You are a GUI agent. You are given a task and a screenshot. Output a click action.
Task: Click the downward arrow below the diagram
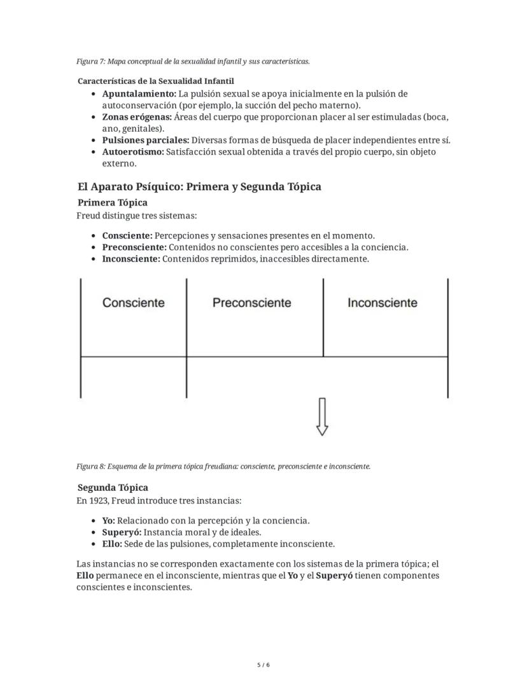click(x=322, y=417)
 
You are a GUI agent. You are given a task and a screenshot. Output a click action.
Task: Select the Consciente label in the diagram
click(x=133, y=303)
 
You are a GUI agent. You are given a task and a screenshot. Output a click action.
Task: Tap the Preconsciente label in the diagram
click(x=252, y=303)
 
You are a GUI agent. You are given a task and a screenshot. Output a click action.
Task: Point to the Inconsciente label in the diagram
click(x=382, y=303)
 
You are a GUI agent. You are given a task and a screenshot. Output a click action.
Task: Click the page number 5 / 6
click(x=263, y=665)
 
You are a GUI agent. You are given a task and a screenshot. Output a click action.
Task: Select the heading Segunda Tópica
click(x=113, y=488)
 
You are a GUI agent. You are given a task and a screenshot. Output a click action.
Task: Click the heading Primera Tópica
click(x=112, y=203)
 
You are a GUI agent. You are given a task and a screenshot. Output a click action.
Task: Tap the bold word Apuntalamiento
click(x=139, y=94)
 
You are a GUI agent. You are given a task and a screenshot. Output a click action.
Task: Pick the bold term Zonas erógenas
click(x=137, y=118)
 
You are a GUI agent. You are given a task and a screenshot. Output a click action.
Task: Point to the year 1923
click(x=99, y=500)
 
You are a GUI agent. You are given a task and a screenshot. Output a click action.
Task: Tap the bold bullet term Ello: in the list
click(x=112, y=544)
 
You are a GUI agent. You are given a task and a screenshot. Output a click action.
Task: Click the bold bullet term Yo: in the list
click(x=108, y=521)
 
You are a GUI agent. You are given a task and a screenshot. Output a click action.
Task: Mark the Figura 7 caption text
click(x=193, y=62)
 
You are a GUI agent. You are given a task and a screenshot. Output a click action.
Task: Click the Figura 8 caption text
click(x=223, y=466)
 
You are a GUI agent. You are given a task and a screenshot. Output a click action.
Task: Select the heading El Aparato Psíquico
click(x=199, y=187)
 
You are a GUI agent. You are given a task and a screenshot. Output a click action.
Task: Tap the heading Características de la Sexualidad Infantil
click(x=156, y=81)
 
